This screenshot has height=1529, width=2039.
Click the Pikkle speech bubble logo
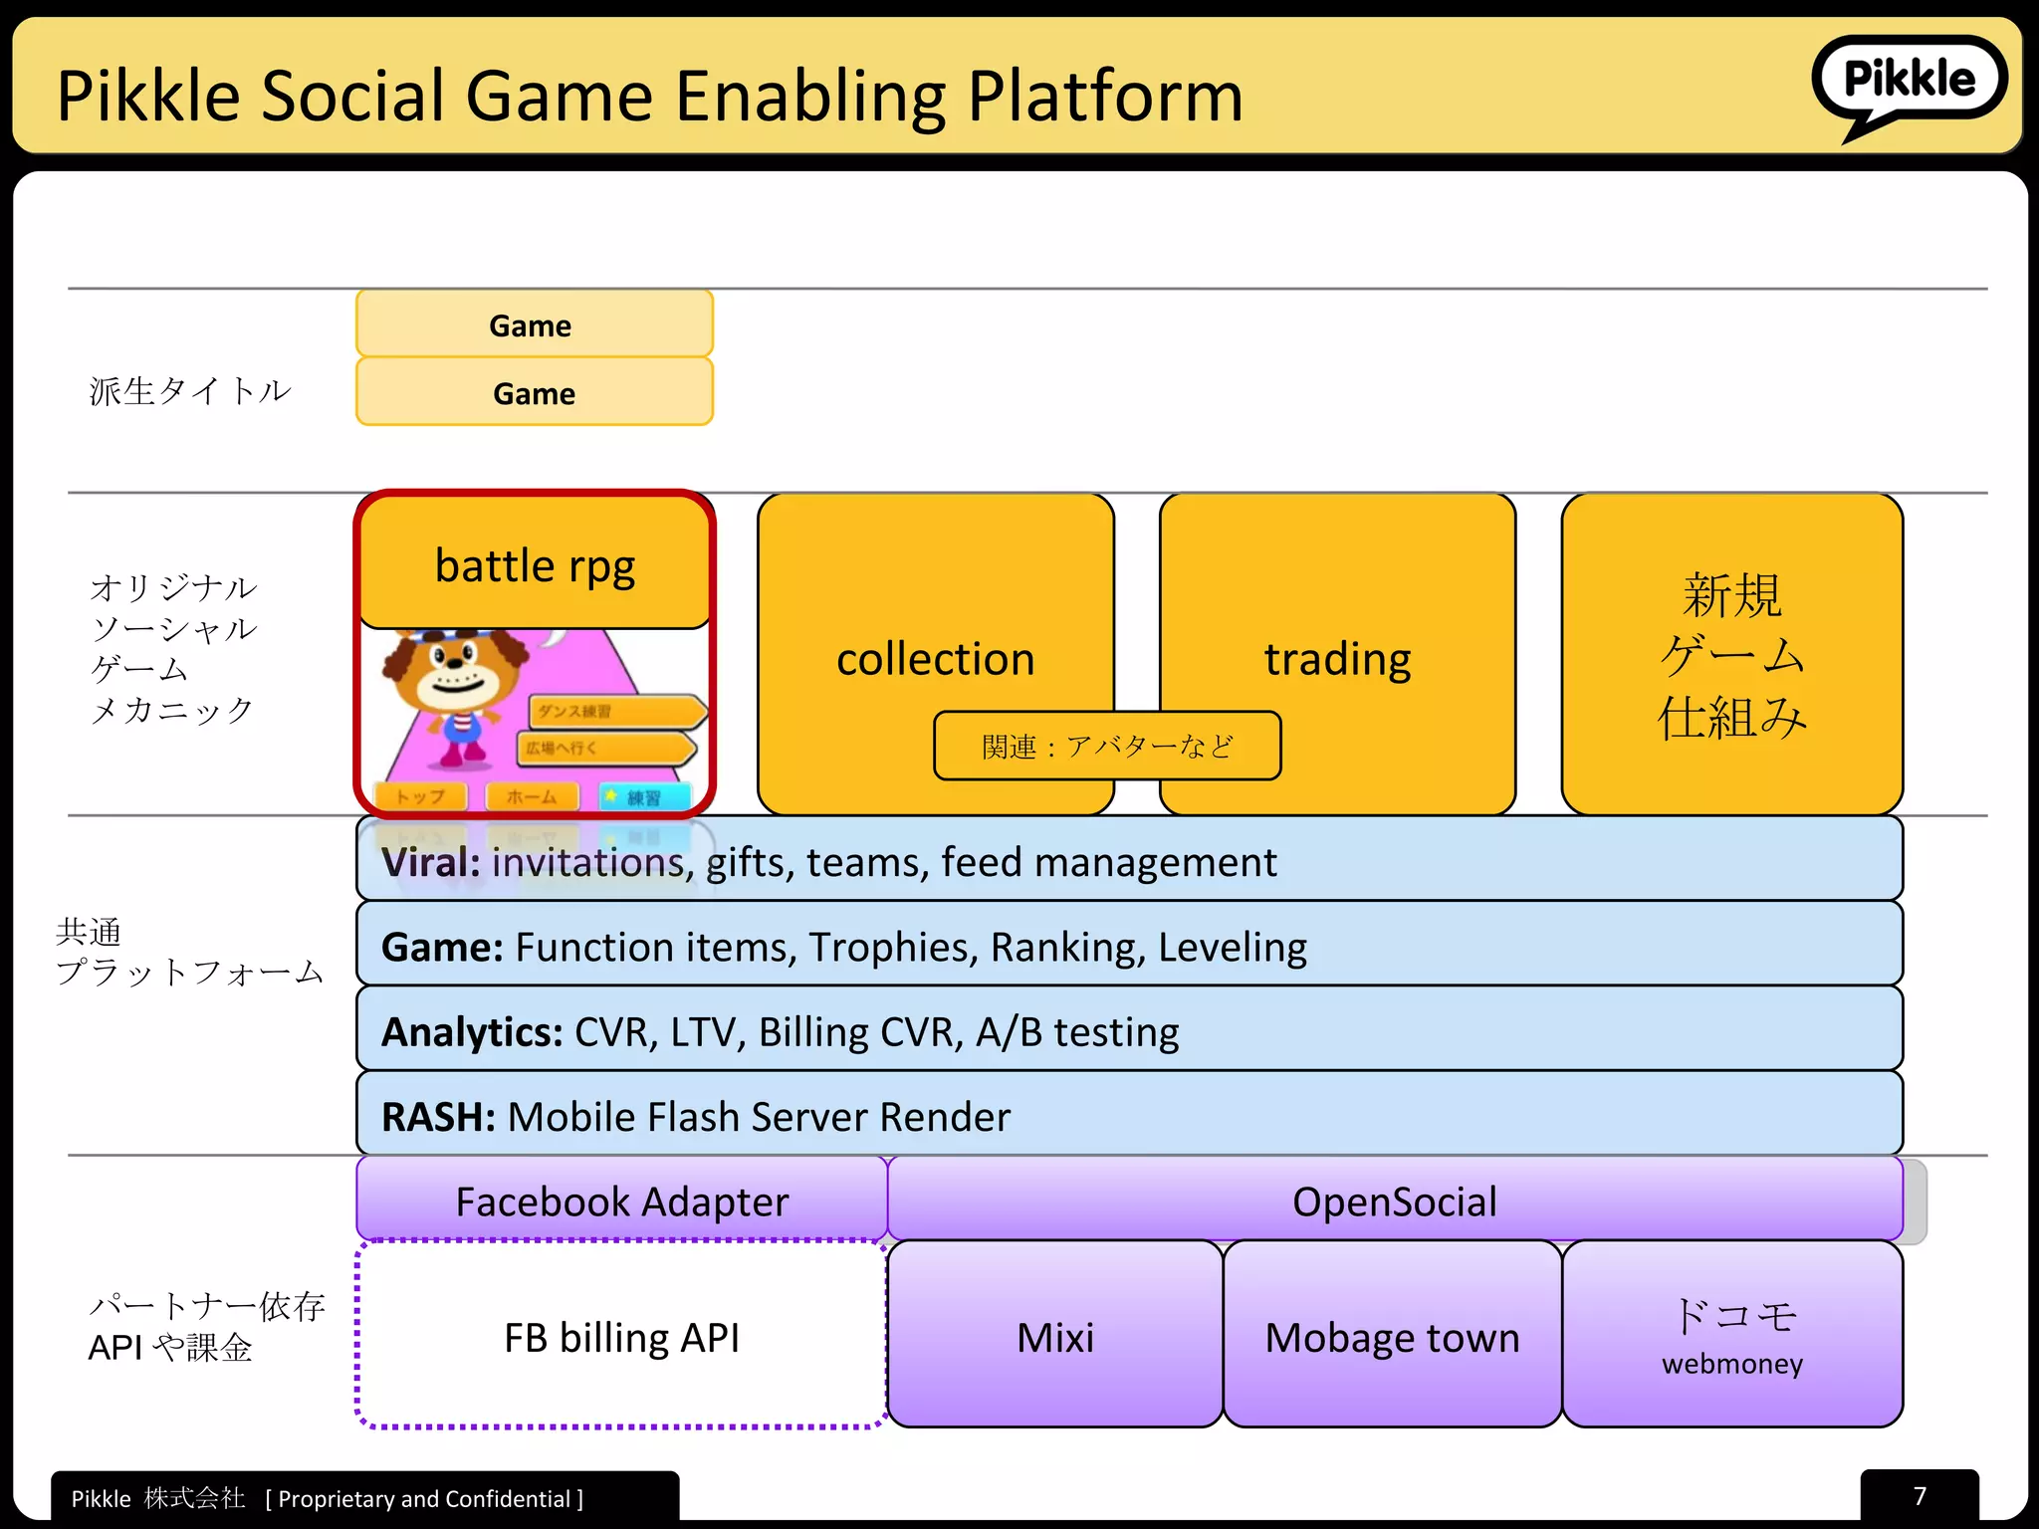click(x=1908, y=82)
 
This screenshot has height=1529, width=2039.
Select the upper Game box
click(x=534, y=326)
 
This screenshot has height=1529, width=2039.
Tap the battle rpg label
click(x=535, y=566)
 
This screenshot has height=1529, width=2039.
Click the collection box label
click(x=935, y=659)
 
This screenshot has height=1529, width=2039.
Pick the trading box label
click(x=1337, y=659)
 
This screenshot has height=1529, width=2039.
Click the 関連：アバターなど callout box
click(x=1106, y=746)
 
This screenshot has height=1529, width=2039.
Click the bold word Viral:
click(x=431, y=862)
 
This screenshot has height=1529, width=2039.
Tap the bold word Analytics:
click(x=472, y=1032)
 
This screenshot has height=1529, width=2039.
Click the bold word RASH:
click(x=438, y=1117)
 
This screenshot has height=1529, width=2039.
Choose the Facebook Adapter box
click(x=621, y=1201)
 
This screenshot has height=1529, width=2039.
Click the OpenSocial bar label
click(x=1394, y=1201)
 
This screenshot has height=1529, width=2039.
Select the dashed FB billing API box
click(x=621, y=1337)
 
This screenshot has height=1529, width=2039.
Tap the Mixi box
click(x=1054, y=1337)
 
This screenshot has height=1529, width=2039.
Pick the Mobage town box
click(x=1391, y=1337)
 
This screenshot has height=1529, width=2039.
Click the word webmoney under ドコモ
click(x=1731, y=1364)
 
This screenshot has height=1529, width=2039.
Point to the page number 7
click(x=1919, y=1496)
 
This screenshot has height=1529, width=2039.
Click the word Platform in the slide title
click(x=1105, y=97)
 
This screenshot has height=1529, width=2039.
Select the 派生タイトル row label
click(x=189, y=391)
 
